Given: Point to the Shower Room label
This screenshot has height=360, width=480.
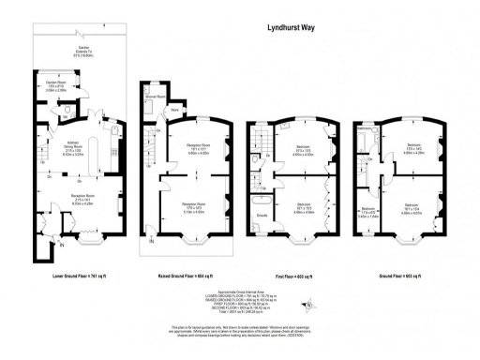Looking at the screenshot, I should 155,97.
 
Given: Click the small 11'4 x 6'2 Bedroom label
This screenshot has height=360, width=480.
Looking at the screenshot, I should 368,211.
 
